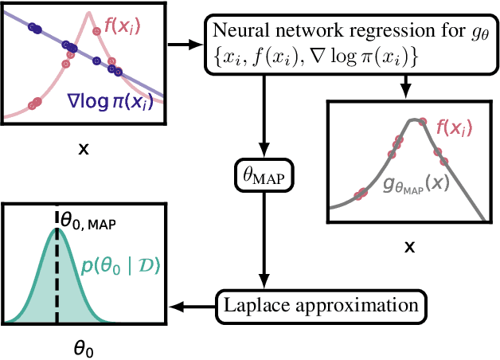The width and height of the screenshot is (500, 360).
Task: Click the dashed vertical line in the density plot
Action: point(57,279)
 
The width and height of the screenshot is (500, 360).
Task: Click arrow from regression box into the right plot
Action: point(407,86)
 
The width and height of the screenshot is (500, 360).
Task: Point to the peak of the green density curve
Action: point(57,229)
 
